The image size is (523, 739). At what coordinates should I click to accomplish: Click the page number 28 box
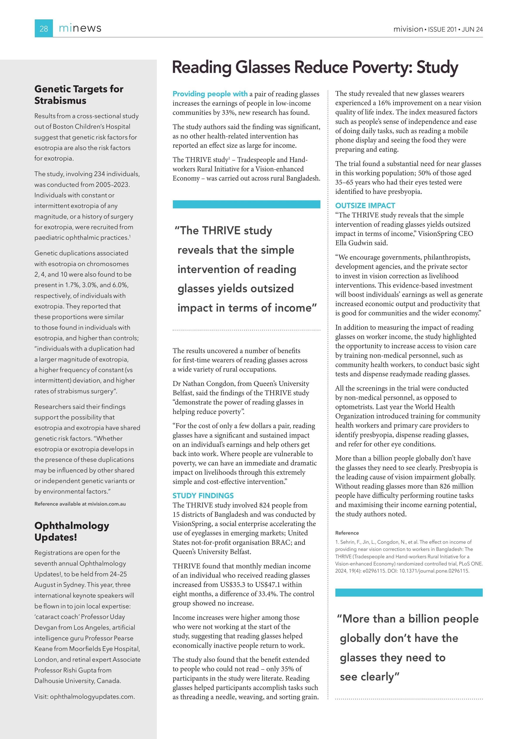pyautogui.click(x=44, y=28)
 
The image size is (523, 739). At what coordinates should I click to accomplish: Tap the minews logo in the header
pyautogui.click(x=80, y=28)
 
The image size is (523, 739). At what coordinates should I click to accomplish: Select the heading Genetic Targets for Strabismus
pyautogui.click(x=79, y=95)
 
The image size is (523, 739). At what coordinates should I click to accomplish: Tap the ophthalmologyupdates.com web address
pyautogui.click(x=92, y=697)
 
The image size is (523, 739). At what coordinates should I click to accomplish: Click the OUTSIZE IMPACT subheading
pyautogui.click(x=365, y=206)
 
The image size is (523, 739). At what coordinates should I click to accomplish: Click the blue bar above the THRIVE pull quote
pyautogui.click(x=246, y=204)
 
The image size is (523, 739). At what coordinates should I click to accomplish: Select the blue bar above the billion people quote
pyautogui.click(x=409, y=593)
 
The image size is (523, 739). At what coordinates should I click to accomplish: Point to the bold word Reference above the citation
pyautogui.click(x=347, y=533)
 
